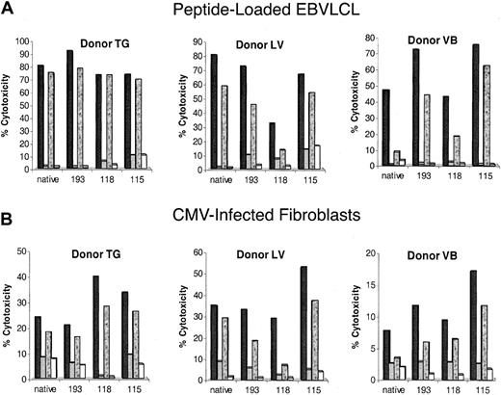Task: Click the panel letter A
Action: tap(8, 10)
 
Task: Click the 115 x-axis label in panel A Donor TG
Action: tap(132, 178)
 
